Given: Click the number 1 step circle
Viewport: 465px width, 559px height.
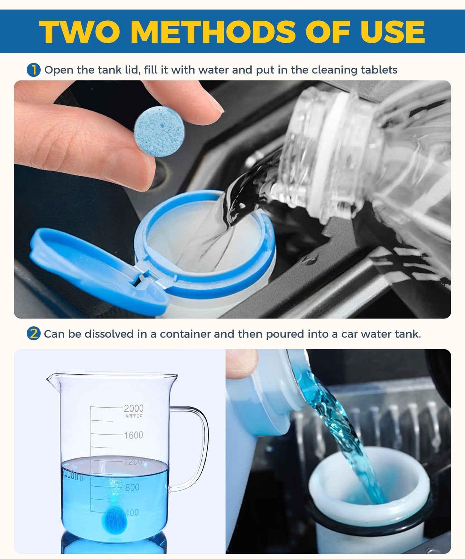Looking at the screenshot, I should (x=33, y=70).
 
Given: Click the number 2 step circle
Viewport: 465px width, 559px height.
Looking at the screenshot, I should (x=33, y=334).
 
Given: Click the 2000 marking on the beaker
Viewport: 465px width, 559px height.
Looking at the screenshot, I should (x=134, y=408).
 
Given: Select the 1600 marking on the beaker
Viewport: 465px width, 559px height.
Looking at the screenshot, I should (x=134, y=435).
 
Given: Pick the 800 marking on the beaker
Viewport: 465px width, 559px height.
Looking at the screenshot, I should (x=132, y=487).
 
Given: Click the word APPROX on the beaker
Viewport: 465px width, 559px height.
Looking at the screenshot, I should (x=134, y=416).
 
